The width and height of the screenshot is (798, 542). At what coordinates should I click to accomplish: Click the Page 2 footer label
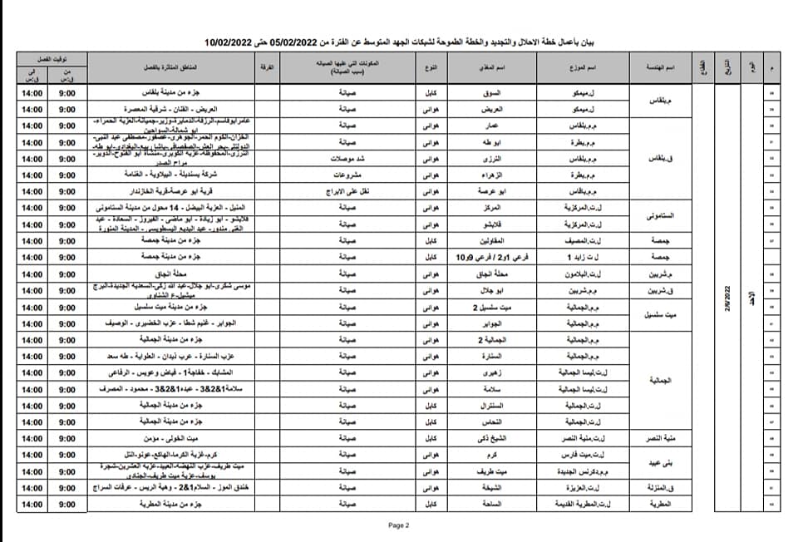399,525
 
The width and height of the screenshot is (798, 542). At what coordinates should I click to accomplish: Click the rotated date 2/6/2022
729,295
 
